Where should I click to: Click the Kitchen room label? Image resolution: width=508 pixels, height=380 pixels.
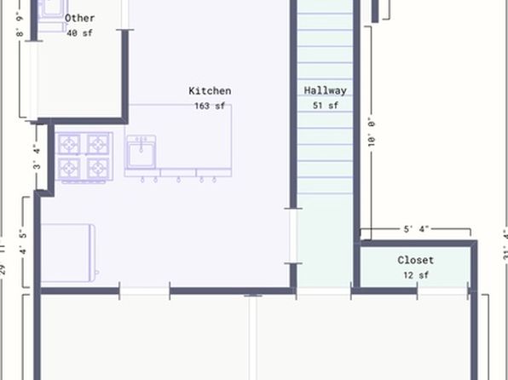tap(210, 91)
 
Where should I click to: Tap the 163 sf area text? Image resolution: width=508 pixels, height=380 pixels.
tap(210, 107)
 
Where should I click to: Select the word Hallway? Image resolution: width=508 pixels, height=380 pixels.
tap(326, 90)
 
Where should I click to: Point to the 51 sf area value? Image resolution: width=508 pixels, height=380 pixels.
tap(326, 106)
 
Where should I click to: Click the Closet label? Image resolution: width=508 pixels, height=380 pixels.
tap(415, 260)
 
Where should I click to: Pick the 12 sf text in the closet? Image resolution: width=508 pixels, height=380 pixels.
tap(415, 275)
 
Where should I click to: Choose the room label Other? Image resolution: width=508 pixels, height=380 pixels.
tap(80, 18)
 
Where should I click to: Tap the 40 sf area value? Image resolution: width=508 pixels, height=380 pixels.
tap(79, 33)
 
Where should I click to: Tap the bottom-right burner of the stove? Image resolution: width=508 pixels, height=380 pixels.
tap(98, 168)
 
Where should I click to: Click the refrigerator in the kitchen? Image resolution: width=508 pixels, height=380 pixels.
tap(67, 253)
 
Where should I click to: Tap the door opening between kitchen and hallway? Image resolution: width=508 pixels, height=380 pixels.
tap(293, 235)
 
